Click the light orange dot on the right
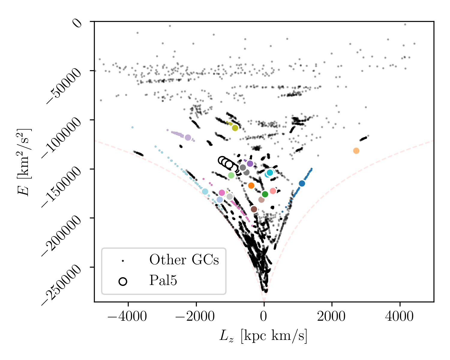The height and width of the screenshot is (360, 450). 356,151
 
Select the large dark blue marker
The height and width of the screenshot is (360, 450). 302,183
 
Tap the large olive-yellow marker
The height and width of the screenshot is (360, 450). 235,128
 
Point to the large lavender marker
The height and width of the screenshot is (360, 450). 188,137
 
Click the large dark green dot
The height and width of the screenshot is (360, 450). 265,194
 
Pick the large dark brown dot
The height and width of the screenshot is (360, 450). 254,209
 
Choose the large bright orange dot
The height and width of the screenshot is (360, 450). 251,185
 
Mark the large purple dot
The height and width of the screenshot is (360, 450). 250,163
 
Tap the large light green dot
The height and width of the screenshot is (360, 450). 231,175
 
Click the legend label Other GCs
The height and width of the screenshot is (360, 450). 184,260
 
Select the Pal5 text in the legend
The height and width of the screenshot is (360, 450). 163,281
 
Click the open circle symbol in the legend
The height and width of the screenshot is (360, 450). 123,281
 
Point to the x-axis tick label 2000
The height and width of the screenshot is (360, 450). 331,317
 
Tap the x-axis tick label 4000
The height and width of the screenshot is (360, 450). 400,317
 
